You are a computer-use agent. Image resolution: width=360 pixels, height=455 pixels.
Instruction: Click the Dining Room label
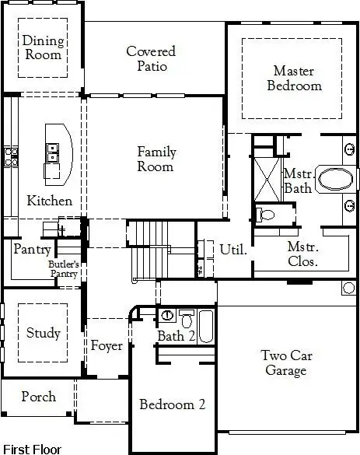tap(42, 48)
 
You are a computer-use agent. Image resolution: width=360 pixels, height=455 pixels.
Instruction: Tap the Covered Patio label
tap(151, 59)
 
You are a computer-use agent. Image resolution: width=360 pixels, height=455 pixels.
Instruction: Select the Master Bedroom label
tap(294, 78)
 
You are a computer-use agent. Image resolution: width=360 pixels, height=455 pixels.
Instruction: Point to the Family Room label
tap(156, 159)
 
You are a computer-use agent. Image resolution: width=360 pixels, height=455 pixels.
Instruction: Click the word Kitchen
tap(50, 201)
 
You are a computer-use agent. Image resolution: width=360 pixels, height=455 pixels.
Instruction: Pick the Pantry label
tap(32, 250)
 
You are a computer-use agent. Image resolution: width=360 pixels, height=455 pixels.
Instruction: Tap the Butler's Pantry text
tap(65, 269)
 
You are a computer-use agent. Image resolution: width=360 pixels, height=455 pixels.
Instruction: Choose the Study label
tap(43, 333)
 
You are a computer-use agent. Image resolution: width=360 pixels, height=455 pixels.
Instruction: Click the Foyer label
tap(107, 345)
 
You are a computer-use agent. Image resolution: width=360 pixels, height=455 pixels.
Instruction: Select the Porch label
tap(38, 397)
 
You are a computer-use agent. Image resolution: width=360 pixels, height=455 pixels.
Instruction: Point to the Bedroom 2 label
tap(172, 404)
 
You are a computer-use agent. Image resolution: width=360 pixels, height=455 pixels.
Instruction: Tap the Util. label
tap(232, 250)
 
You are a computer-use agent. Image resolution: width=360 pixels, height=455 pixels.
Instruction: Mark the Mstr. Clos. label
tap(302, 254)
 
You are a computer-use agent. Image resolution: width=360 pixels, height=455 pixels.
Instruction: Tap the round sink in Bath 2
tap(168, 315)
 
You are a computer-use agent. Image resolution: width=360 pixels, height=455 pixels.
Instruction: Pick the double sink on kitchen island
tap(52, 152)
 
